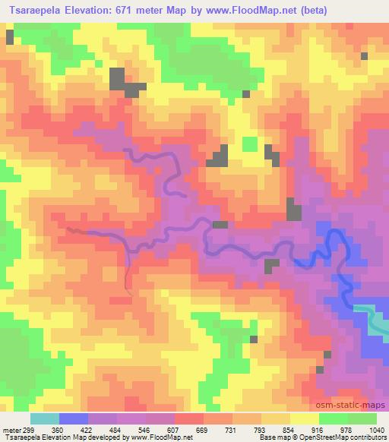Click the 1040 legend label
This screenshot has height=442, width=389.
click(377, 430)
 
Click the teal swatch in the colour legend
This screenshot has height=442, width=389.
click(44, 418)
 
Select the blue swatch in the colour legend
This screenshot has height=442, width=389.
click(73, 418)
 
